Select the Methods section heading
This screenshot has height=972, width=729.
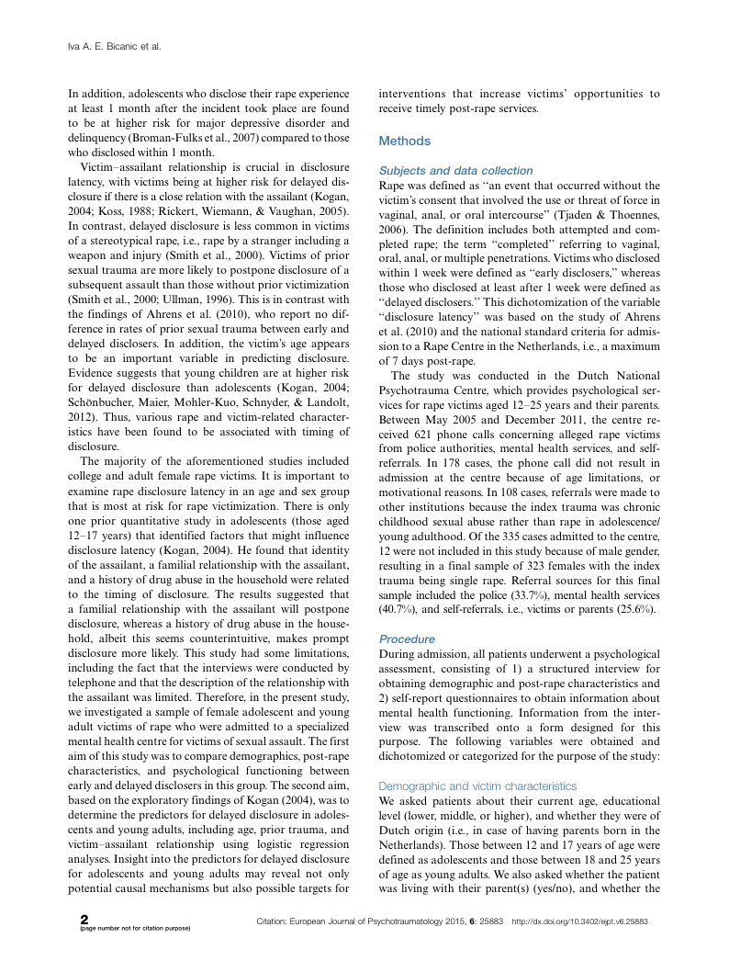[405, 141]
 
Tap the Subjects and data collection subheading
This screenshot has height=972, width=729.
[455, 171]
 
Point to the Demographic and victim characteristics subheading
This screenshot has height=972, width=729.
[477, 786]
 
